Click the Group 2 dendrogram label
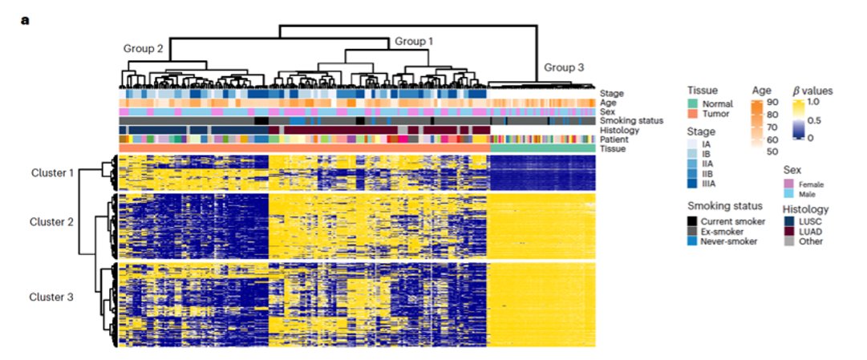tap(144, 48)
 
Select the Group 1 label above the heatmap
tap(413, 40)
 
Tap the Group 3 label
tap(564, 67)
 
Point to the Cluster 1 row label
tap(52, 172)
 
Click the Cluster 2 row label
tap(52, 221)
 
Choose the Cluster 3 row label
tap(52, 297)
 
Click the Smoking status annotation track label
tap(631, 121)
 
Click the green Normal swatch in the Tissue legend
tap(694, 103)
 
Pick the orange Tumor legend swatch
tap(694, 114)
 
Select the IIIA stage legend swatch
tap(694, 183)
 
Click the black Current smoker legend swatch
tap(694, 220)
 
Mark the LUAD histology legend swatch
tap(790, 230)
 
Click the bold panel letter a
tap(24, 19)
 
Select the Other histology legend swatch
tap(790, 241)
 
